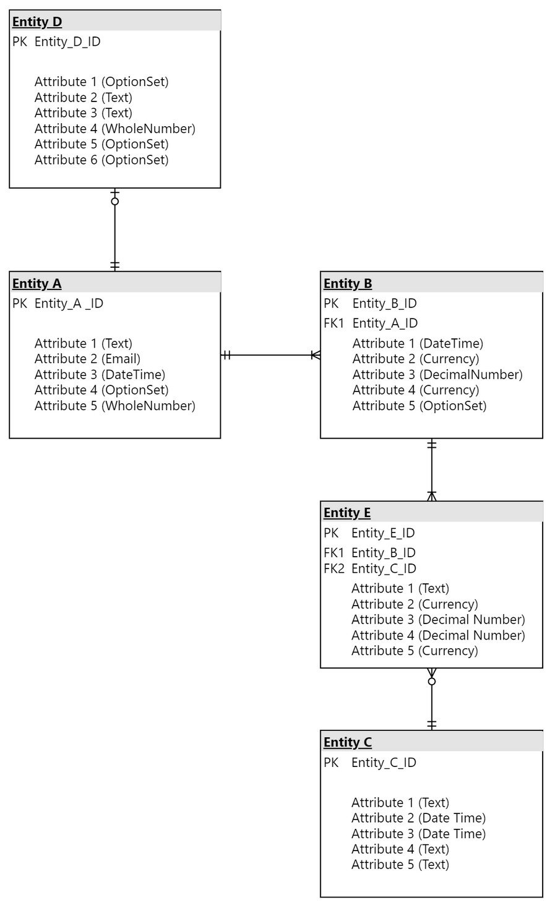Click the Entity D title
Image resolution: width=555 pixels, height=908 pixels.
tap(37, 22)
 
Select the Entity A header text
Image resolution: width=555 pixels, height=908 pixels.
tap(37, 283)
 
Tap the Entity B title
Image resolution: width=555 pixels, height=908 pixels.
tap(348, 283)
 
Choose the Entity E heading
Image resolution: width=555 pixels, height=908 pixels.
tap(347, 513)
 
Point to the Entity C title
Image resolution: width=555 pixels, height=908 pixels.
tap(348, 742)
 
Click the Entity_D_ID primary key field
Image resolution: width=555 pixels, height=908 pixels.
tap(67, 42)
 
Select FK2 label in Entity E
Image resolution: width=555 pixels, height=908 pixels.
tap(333, 568)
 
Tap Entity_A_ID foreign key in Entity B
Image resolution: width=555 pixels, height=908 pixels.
tap(385, 323)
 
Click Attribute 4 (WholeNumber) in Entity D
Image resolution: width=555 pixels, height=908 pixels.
tap(114, 129)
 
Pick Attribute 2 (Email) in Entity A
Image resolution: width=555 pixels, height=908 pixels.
tap(88, 359)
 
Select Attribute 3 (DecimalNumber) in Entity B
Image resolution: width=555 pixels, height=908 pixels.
tap(437, 374)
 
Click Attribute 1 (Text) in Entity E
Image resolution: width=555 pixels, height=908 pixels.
tap(400, 588)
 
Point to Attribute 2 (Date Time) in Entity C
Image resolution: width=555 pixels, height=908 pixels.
tap(418, 818)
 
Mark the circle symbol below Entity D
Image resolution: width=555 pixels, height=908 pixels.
tap(115, 201)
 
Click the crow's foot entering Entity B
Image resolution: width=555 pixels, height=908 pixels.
tap(316, 355)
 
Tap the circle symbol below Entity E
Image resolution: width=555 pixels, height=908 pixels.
tap(432, 682)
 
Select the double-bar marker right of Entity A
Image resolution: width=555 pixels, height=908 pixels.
tap(227, 355)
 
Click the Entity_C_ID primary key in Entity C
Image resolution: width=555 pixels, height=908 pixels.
tap(384, 763)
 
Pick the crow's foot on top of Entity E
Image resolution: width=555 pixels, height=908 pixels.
tap(432, 496)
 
